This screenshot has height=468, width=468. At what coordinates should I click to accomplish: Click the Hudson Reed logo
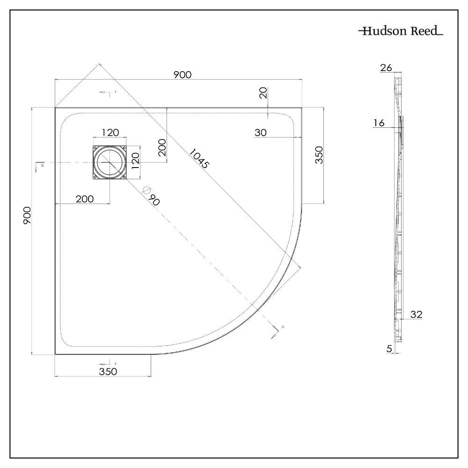[401, 32]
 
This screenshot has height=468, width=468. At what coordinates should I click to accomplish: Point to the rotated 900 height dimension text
[27, 215]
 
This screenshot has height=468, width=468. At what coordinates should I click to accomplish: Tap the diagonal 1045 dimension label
[199, 159]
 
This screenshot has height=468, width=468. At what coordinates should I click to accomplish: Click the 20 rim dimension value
[263, 93]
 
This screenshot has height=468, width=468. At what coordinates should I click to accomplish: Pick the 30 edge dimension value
[261, 133]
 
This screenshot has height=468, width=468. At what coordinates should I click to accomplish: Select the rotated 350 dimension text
[319, 154]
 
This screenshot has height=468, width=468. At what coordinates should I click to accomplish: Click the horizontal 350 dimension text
[108, 372]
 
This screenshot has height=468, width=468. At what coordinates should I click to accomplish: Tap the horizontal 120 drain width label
[110, 133]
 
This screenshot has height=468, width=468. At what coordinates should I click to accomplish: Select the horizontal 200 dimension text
[84, 199]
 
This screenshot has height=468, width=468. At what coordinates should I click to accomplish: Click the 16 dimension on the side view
[379, 123]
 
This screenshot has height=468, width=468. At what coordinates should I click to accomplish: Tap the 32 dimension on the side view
[416, 314]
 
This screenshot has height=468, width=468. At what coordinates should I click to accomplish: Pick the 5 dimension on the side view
[389, 348]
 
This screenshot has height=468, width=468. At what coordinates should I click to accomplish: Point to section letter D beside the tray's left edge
[42, 165]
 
